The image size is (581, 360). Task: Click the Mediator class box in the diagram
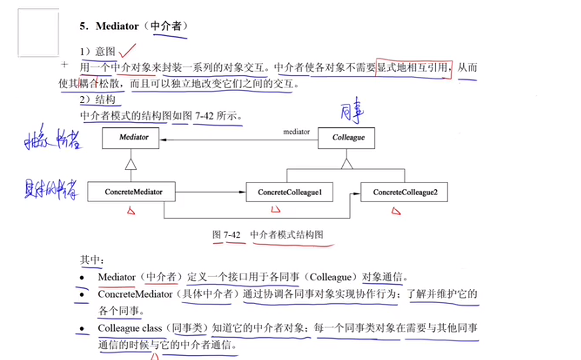coord(130,138)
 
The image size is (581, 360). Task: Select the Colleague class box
coord(346,138)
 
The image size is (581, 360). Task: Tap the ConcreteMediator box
coord(131,192)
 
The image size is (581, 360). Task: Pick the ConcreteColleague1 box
coord(290,192)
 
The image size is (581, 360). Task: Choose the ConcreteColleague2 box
coord(404,192)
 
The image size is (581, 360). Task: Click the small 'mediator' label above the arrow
coord(296,132)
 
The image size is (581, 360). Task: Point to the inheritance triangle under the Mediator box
coord(131,164)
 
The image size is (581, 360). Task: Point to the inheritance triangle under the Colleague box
coord(347,164)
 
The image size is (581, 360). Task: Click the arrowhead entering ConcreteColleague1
coord(242,192)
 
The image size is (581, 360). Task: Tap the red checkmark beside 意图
coord(127,51)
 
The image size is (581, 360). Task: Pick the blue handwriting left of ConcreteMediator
coord(51,189)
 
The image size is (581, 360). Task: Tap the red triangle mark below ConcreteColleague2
coord(396,211)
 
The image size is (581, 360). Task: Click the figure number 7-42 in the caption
coord(232,235)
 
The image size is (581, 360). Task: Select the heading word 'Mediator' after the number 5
coord(117,26)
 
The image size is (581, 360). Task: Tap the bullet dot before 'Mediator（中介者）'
coord(82,278)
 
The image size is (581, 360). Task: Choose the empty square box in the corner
coord(38,33)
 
